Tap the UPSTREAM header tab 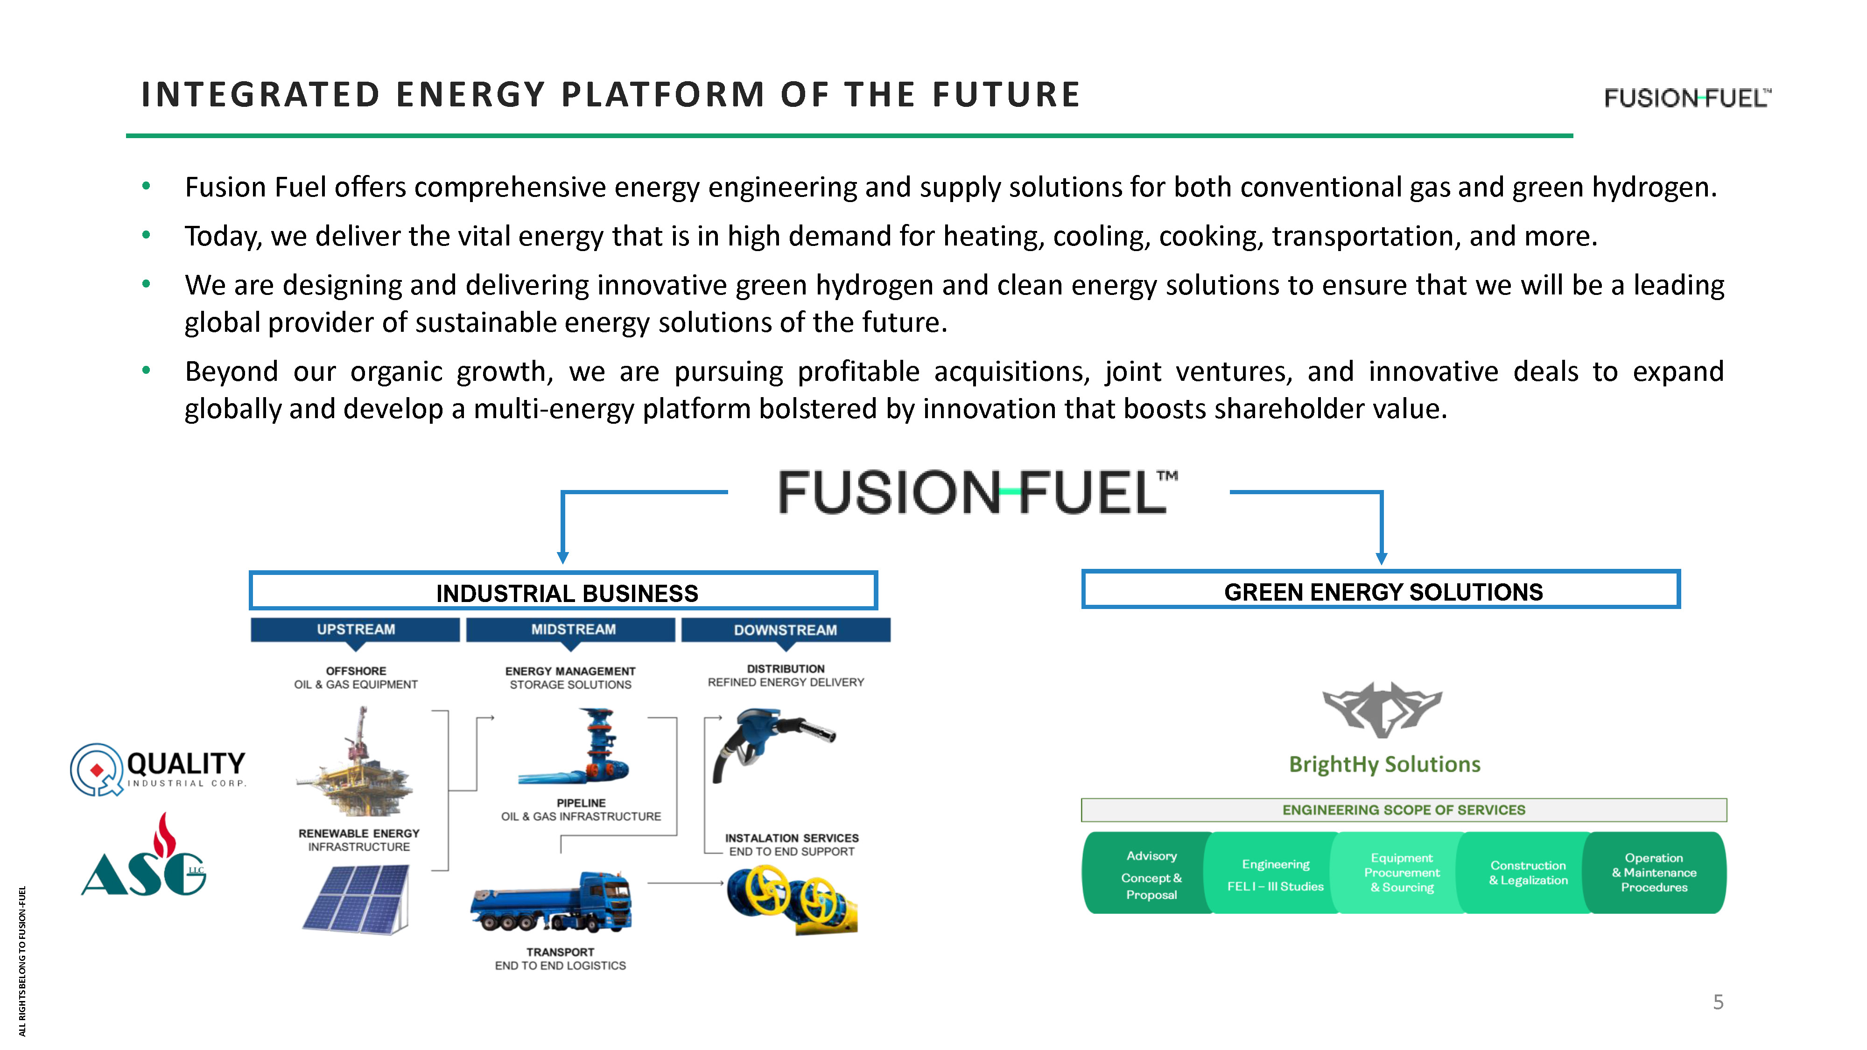355,630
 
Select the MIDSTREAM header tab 573,630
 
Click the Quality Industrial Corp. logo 158,770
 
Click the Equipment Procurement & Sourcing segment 1401,873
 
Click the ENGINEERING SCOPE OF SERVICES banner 1403,809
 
